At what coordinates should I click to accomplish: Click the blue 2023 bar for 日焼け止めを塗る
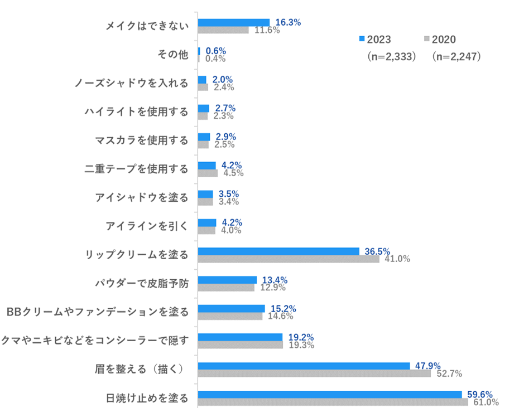[330, 395]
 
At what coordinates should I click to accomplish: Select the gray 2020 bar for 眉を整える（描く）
[314, 373]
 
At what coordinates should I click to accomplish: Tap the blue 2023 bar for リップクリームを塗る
[278, 251]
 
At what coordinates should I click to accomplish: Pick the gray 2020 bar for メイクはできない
[223, 30]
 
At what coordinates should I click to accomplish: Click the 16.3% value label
[288, 22]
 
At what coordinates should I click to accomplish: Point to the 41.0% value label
[397, 259]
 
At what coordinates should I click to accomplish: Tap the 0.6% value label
[215, 51]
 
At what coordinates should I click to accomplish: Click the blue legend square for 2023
[362, 39]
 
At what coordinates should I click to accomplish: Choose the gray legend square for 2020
[427, 39]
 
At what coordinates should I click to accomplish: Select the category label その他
[173, 55]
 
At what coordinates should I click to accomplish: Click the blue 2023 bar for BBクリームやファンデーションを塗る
[231, 308]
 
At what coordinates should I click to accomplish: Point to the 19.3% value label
[302, 345]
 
